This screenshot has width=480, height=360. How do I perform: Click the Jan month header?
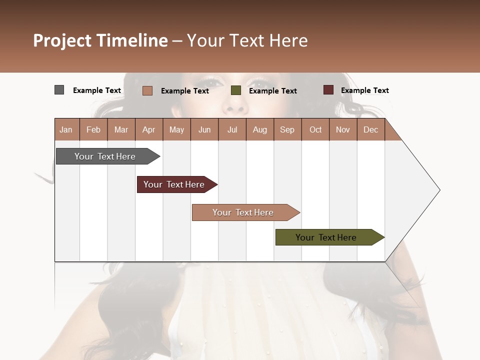(x=66, y=129)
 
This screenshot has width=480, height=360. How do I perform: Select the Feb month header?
(x=93, y=129)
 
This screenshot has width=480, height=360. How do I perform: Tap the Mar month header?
(x=121, y=129)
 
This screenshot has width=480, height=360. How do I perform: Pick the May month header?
(x=176, y=129)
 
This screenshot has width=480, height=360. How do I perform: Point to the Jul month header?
(x=232, y=129)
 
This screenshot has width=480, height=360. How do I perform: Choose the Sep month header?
(x=287, y=129)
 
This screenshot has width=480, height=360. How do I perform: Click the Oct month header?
(x=315, y=129)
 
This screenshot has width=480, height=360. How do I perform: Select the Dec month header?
(x=370, y=129)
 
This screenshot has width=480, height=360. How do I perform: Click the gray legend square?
(x=59, y=90)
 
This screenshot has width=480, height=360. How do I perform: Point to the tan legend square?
(x=147, y=90)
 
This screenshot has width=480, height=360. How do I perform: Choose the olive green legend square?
(x=236, y=90)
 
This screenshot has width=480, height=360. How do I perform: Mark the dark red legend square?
(x=328, y=90)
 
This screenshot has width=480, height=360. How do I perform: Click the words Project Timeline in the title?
(x=100, y=40)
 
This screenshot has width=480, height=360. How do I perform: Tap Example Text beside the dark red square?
(x=364, y=90)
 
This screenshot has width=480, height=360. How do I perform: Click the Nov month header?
(x=343, y=129)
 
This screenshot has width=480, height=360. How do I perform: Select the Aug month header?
(x=259, y=129)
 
